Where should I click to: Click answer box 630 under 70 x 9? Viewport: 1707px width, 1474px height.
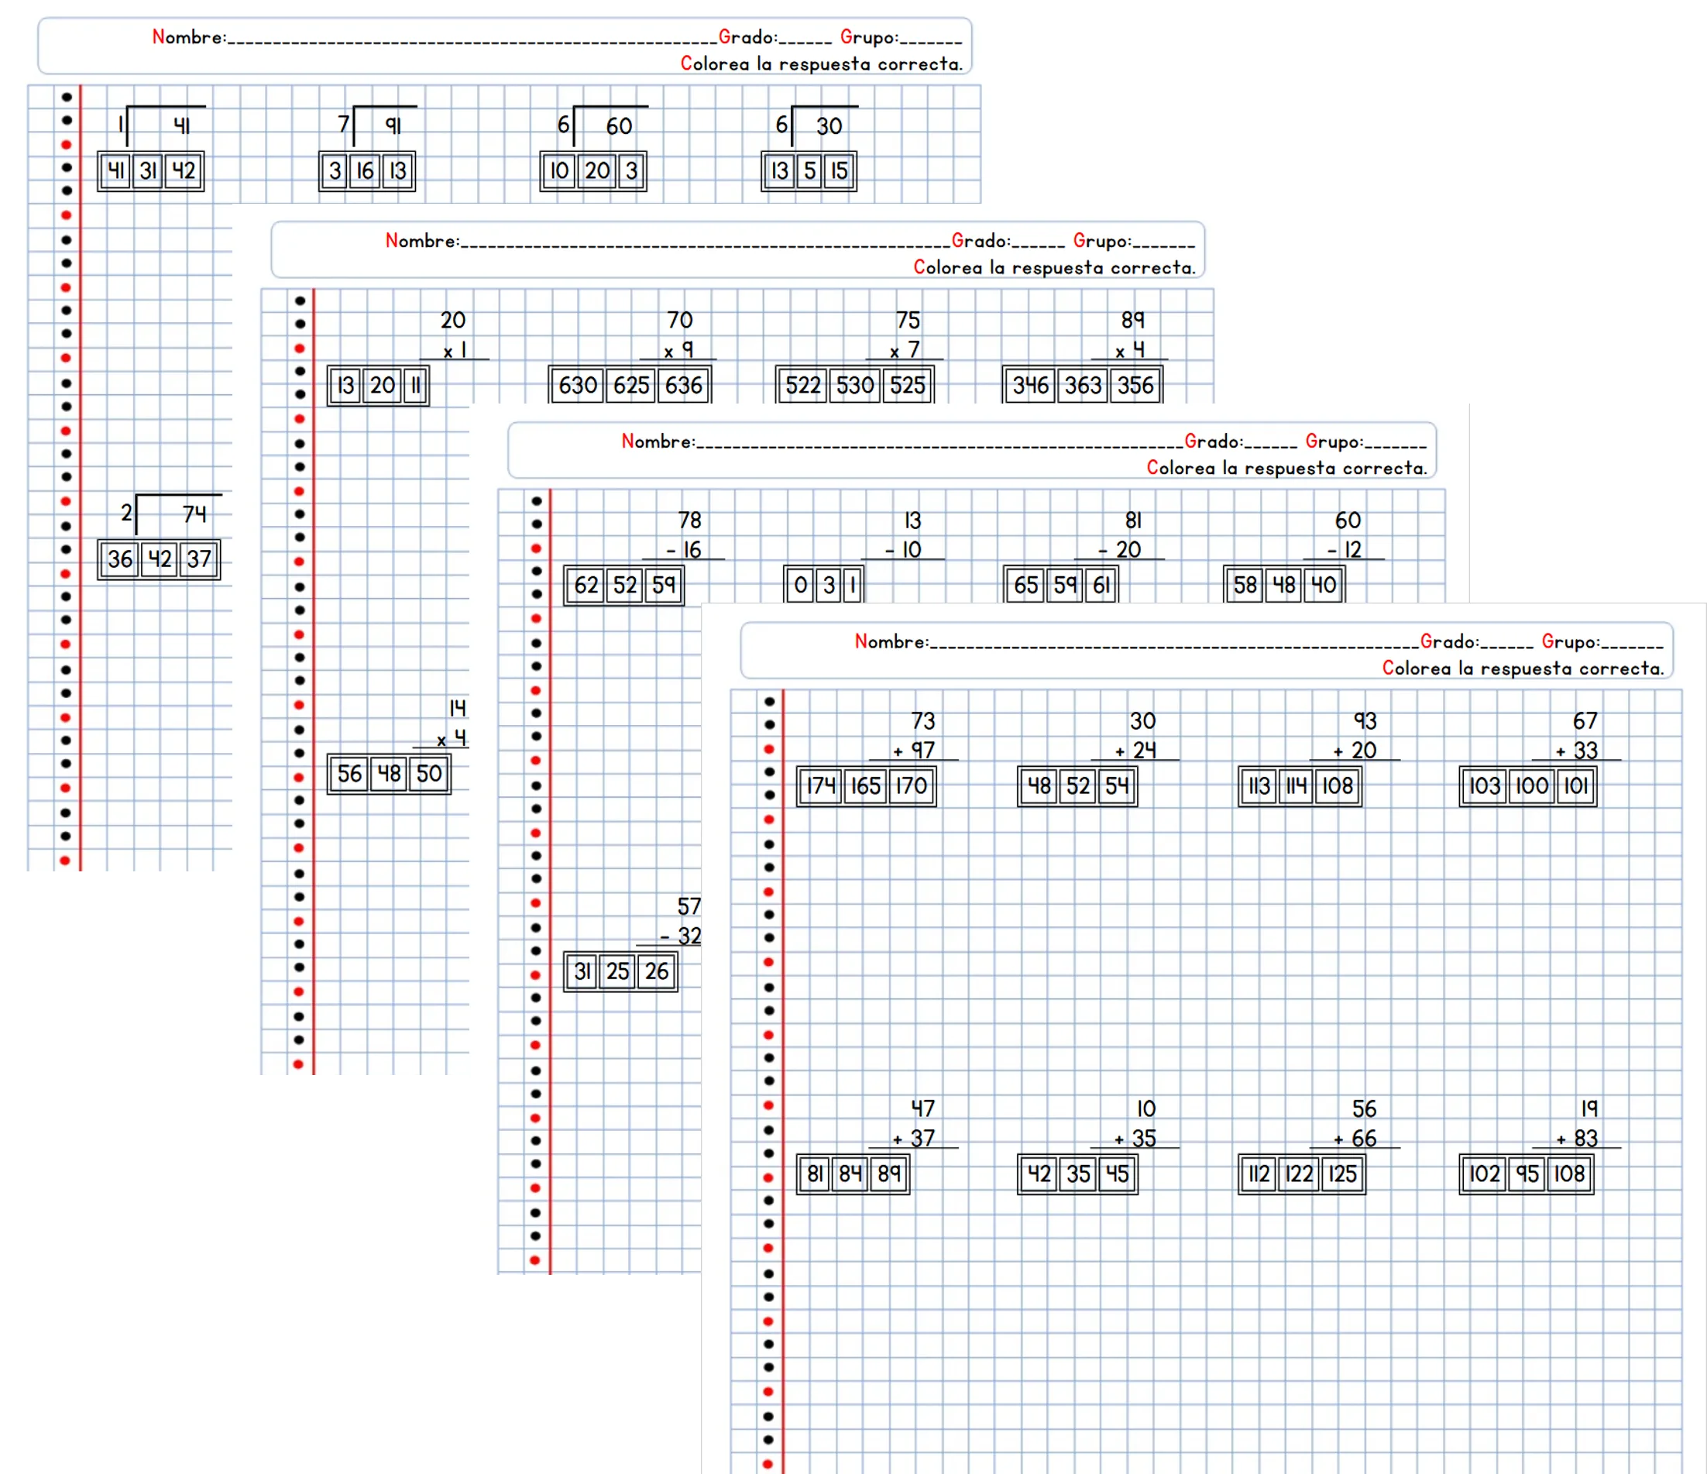pos(578,385)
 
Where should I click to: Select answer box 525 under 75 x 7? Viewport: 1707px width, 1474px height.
pos(907,385)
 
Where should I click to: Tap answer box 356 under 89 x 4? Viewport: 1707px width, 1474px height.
pos(1135,385)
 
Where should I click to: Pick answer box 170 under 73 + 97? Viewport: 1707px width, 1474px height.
pos(911,786)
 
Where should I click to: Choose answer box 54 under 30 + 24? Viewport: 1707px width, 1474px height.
pos(1116,786)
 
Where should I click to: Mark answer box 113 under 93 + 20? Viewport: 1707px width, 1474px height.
pos(1259,786)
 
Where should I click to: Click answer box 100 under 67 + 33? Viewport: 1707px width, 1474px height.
pos(1530,786)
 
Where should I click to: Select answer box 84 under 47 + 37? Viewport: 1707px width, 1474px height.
pos(850,1174)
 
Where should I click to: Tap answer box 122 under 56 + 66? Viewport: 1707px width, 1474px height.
pos(1299,1174)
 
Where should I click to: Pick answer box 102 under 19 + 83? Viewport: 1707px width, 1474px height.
pos(1484,1174)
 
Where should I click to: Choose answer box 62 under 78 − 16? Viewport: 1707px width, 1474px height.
pos(586,585)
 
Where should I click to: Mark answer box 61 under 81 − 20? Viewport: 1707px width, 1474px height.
pos(1101,585)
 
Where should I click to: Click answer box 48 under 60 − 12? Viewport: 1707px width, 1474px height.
pos(1283,585)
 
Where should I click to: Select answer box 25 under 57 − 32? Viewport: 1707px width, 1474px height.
pos(618,971)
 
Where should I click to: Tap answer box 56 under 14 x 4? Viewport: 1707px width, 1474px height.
pos(349,774)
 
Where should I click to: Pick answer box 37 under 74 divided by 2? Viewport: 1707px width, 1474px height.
pos(199,559)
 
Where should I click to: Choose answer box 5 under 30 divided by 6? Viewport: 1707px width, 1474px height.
pos(810,170)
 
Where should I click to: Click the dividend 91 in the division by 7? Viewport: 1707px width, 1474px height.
pos(393,125)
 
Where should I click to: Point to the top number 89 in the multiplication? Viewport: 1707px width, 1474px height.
pos(1133,320)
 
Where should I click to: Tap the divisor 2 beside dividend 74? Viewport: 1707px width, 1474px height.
pos(126,513)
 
